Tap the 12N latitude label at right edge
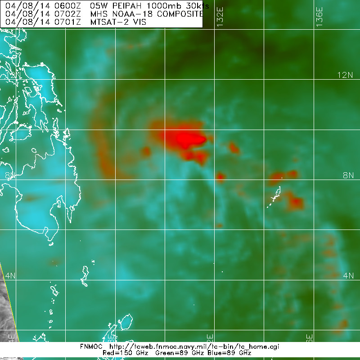point(346,75)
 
